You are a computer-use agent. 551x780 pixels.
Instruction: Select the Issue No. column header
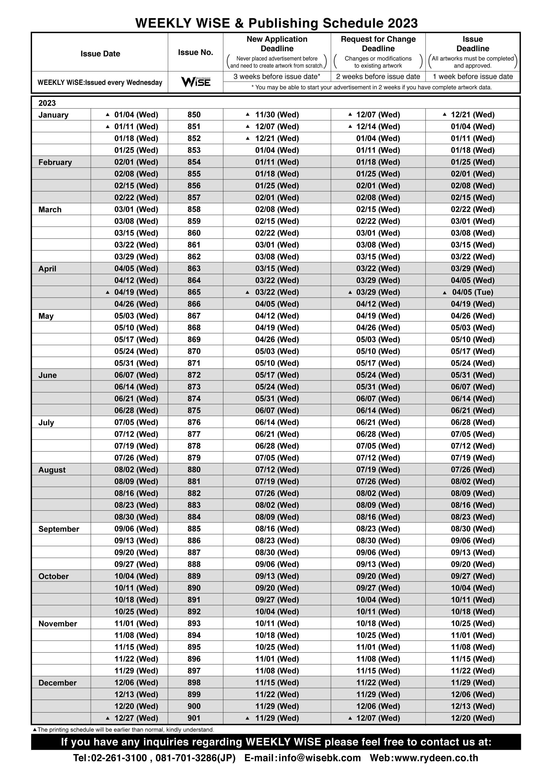tap(195, 52)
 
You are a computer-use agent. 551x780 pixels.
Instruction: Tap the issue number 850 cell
tap(194, 115)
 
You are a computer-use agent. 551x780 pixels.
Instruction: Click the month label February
tap(55, 162)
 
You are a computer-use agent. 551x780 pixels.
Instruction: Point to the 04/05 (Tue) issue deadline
tap(472, 292)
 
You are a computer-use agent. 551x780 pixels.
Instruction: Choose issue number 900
tap(194, 706)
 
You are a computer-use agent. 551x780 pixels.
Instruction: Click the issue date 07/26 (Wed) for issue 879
tap(136, 458)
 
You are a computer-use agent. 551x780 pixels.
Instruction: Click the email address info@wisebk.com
tap(319, 758)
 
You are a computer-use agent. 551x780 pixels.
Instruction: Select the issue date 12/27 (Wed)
tap(136, 718)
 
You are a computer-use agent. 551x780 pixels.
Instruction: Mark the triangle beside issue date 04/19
tap(108, 292)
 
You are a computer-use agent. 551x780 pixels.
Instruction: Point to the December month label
tap(57, 683)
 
